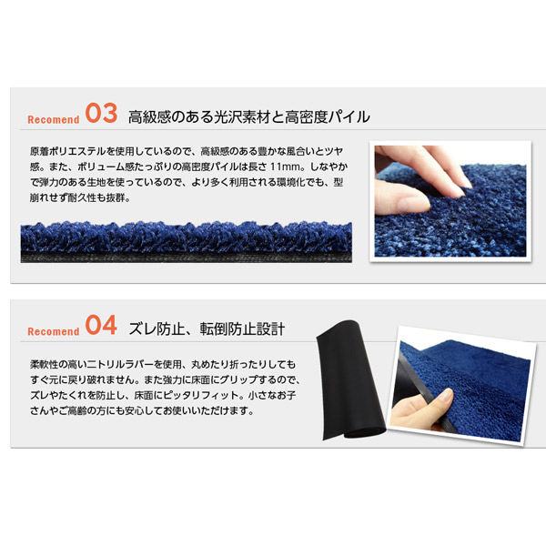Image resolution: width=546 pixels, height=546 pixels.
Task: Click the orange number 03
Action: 101,113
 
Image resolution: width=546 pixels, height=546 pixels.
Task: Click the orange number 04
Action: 101,325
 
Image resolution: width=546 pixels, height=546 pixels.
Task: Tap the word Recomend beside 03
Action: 54,119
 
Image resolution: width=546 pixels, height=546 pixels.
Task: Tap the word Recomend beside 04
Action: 54,331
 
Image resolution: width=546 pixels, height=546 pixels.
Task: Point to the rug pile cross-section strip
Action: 187,242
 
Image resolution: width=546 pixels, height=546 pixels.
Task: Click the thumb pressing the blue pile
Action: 400,197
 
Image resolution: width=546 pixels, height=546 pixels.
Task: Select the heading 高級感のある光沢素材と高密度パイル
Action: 249,116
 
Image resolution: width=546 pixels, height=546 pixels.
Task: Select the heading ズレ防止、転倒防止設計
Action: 207,329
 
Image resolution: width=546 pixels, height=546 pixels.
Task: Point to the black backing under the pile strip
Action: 187,257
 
